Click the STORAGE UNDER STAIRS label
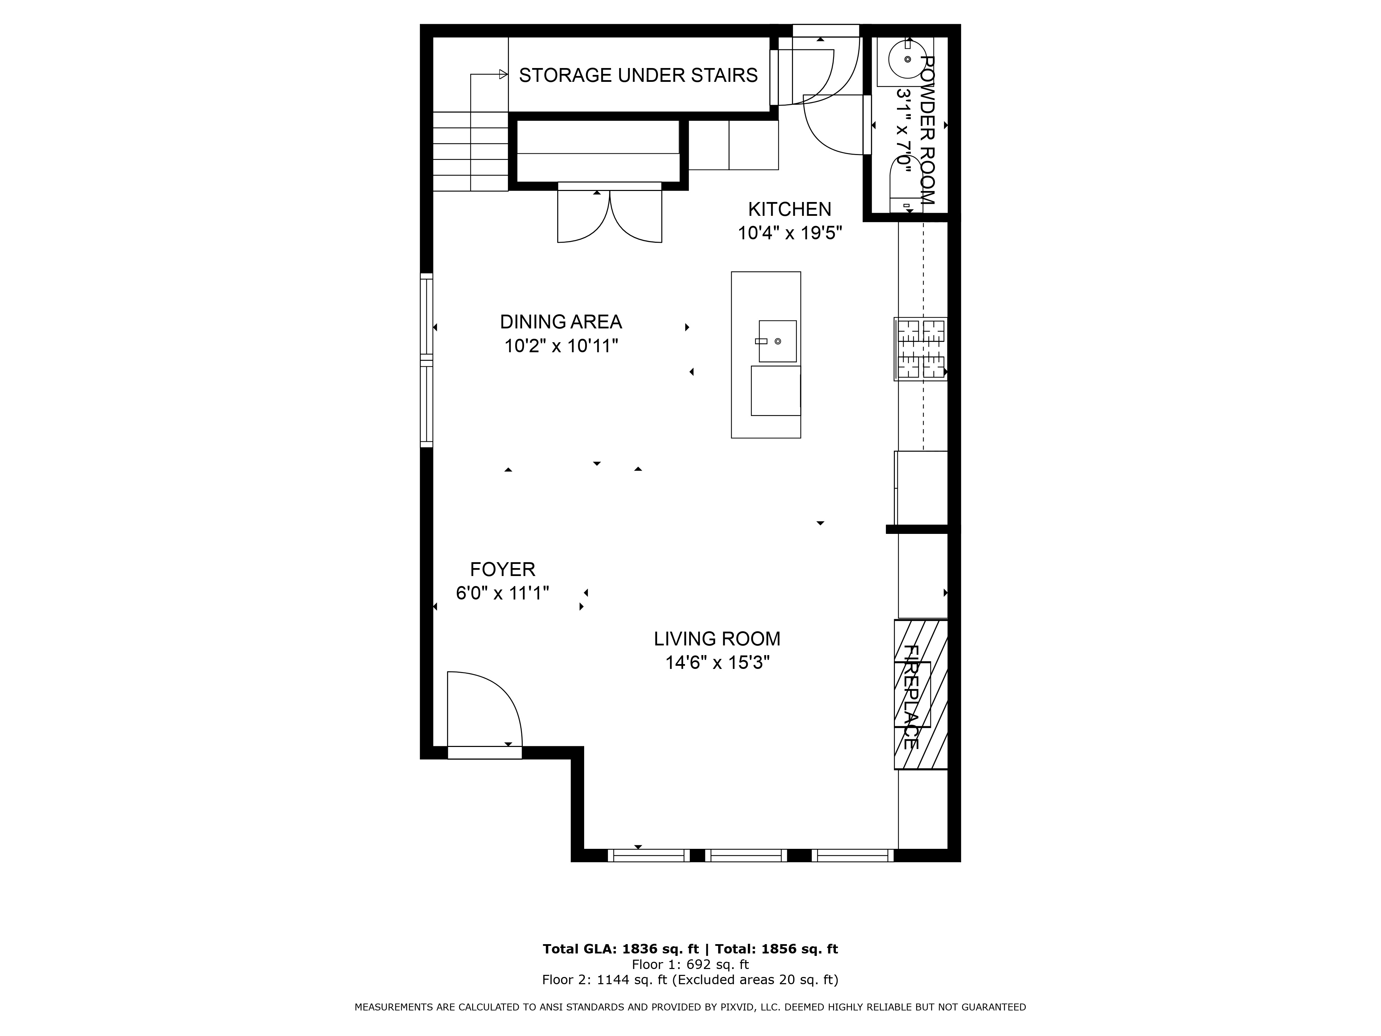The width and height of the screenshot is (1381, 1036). (x=638, y=76)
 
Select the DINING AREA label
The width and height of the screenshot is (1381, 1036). (x=561, y=322)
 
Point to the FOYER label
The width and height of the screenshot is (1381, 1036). (x=503, y=569)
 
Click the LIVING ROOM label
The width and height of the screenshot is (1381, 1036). (x=717, y=639)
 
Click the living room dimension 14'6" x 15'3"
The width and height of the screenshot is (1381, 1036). (x=717, y=663)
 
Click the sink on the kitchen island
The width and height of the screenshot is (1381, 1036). (x=777, y=341)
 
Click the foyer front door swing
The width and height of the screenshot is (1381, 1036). (x=484, y=709)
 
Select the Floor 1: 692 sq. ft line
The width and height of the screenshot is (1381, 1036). (x=690, y=965)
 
